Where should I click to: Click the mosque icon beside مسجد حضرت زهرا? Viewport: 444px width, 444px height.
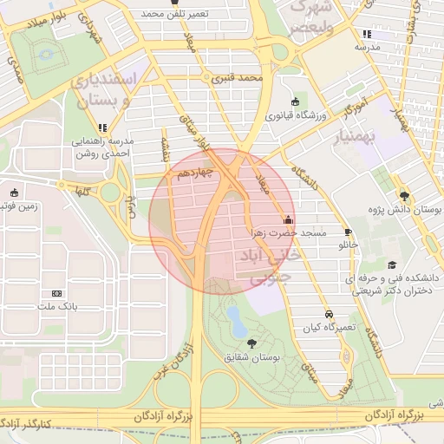pos(288,219)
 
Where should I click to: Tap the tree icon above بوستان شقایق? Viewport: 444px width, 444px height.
pos(251,343)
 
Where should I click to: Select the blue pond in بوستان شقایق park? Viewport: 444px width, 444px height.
pos(234,321)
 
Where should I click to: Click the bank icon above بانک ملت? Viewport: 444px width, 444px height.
pos(57,293)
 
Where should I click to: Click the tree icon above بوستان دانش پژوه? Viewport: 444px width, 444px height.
pos(403,196)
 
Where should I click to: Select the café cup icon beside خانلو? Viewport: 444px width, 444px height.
pos(348,232)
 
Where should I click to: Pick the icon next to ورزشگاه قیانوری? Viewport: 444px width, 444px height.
pos(295,102)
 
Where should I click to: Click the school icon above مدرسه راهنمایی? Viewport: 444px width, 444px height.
pos(103,127)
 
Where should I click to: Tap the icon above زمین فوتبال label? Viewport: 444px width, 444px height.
pos(13,193)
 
